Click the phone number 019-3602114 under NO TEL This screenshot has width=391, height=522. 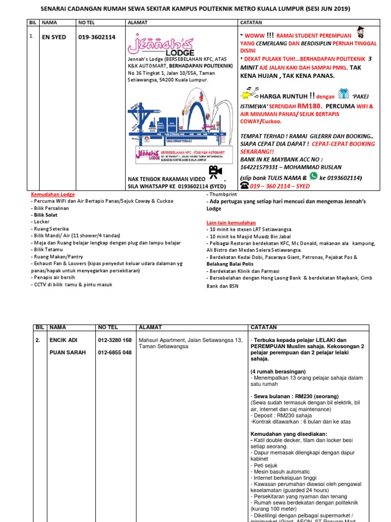[97, 37]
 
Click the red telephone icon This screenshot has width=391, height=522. [244, 186]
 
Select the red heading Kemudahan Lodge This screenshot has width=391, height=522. [52, 195]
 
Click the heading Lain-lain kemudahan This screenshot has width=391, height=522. [231, 223]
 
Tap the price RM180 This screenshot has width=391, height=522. [309, 106]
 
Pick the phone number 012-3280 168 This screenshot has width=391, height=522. [115, 340]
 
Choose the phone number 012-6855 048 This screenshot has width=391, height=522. [115, 352]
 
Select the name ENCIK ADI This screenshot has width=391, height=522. [63, 340]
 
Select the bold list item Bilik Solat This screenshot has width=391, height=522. [44, 215]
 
